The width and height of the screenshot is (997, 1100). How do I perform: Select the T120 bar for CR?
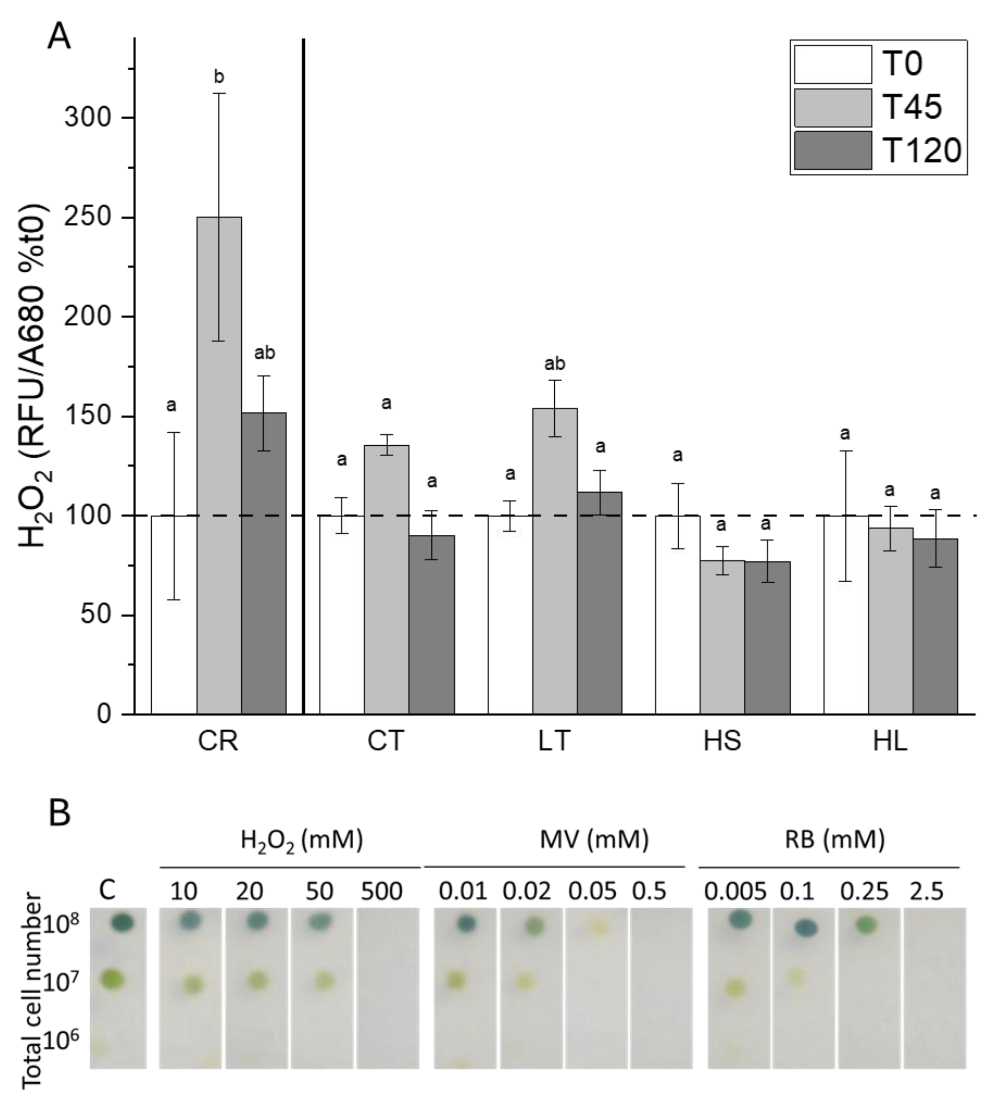coord(264,562)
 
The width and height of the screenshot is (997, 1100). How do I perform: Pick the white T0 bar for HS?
coord(678,614)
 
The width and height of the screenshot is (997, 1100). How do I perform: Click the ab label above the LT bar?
coord(555,364)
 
